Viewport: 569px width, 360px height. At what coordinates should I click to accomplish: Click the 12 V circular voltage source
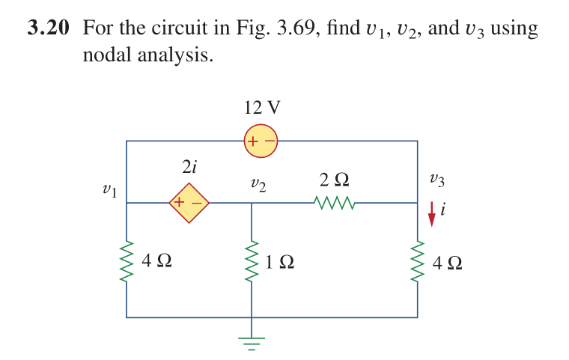[x=261, y=141]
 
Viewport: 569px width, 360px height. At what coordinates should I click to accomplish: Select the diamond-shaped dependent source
[x=187, y=202]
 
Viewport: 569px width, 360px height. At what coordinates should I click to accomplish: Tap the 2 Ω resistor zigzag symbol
[x=332, y=202]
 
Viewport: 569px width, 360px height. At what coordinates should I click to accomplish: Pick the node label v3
[x=437, y=180]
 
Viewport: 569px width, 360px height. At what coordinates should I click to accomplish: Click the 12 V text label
[x=262, y=107]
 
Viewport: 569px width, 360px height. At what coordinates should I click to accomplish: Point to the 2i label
[x=189, y=166]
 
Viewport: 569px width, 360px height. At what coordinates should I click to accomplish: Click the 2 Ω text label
[x=333, y=180]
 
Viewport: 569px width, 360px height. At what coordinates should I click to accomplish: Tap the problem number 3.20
[x=48, y=29]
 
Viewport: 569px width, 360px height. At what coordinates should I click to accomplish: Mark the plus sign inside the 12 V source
[x=253, y=141]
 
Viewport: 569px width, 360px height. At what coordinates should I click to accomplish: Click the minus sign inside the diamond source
[x=195, y=203]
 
